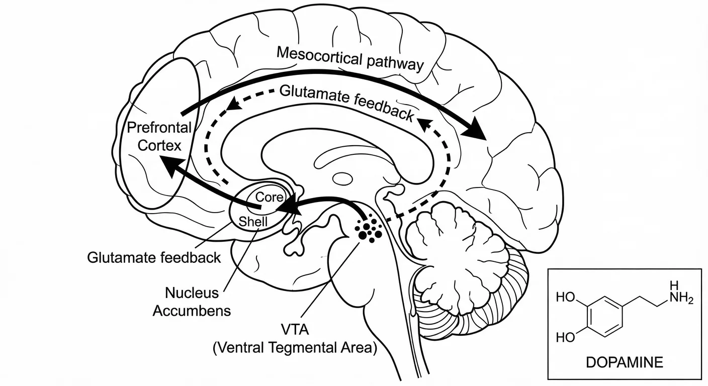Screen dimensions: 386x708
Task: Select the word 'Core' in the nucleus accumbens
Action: point(267,197)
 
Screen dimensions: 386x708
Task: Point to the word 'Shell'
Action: point(254,221)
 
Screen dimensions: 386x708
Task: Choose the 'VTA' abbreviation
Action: point(295,330)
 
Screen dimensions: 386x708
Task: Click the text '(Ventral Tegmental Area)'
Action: point(295,348)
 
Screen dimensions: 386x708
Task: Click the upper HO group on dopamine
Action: point(566,297)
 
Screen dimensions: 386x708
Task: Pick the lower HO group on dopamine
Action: point(566,337)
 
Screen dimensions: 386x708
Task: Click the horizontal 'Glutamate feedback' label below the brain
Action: point(154,258)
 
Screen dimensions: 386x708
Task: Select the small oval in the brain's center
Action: point(343,178)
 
